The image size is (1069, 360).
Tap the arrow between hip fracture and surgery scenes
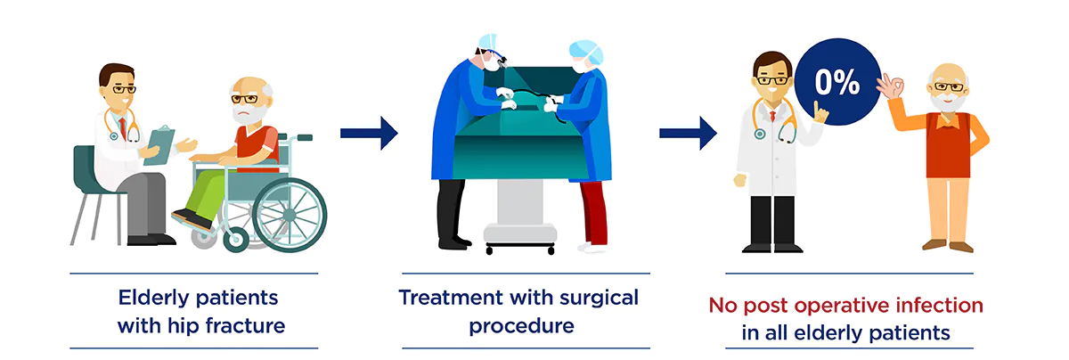[x=368, y=134]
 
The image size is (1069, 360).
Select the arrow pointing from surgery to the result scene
[x=687, y=134]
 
